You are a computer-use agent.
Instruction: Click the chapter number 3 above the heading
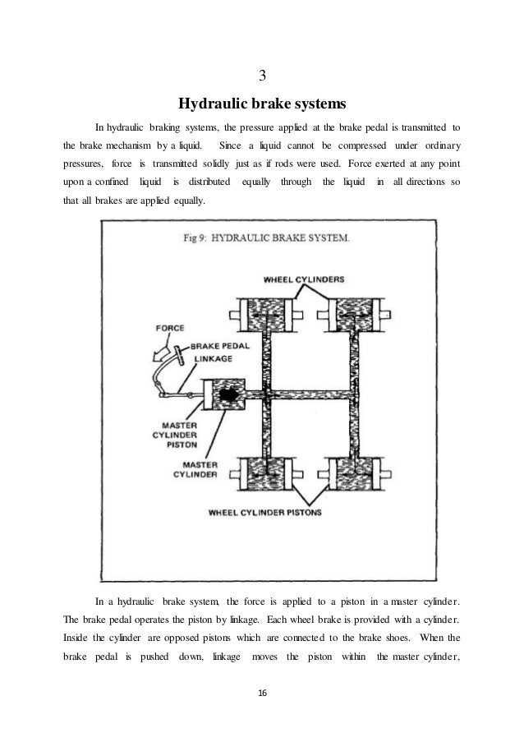(262, 76)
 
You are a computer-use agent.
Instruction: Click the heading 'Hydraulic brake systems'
(262, 104)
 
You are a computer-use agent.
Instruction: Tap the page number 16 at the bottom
(262, 694)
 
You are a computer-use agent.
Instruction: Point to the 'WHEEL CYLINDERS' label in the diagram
(303, 279)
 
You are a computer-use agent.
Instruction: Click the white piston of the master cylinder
(205, 396)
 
